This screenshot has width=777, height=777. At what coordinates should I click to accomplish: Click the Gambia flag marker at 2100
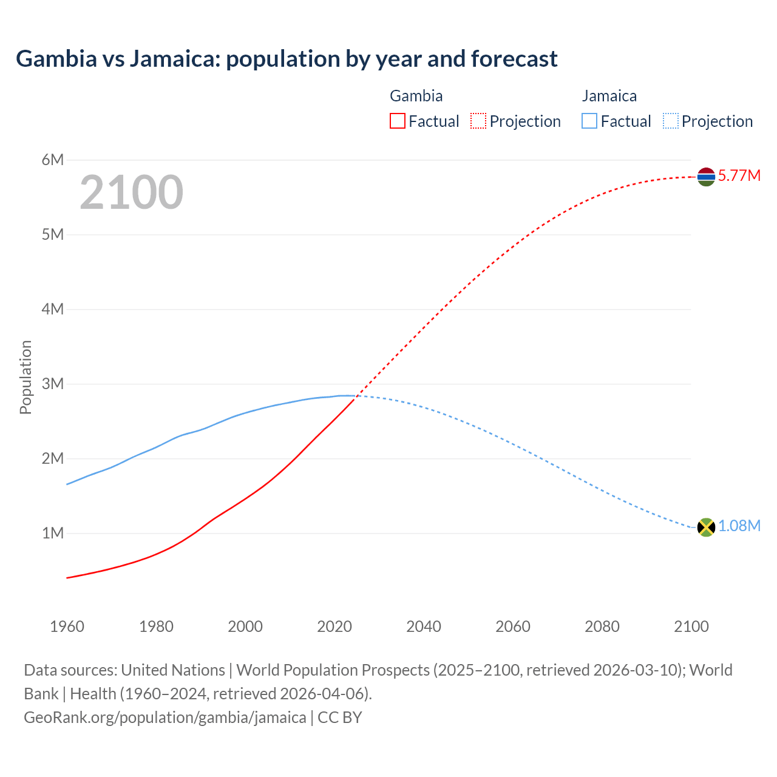(706, 177)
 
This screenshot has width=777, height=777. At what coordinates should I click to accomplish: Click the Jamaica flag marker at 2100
(706, 527)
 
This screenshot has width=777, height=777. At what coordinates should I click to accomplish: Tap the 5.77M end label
(739, 176)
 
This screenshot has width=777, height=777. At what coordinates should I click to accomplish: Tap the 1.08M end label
(739, 526)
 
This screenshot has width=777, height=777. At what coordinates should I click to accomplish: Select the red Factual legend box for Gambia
(397, 121)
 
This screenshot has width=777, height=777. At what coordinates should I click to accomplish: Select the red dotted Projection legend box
(478, 121)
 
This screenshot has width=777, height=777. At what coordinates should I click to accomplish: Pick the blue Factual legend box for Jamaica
(589, 121)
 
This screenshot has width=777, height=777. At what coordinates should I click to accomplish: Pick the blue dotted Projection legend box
(670, 121)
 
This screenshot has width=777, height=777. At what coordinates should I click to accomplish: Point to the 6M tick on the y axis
(53, 160)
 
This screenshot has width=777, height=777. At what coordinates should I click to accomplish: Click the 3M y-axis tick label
(53, 384)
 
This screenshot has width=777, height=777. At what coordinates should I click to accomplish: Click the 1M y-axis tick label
(53, 533)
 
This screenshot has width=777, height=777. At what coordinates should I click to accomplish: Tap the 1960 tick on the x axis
(67, 626)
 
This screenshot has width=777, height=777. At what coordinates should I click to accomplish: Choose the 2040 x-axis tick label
(424, 626)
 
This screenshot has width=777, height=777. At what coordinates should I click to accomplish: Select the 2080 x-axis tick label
(602, 626)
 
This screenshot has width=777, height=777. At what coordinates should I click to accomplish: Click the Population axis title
(25, 377)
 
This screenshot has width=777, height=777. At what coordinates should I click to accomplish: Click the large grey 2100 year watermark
(131, 192)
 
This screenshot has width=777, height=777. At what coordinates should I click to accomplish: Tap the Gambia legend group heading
(416, 96)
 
